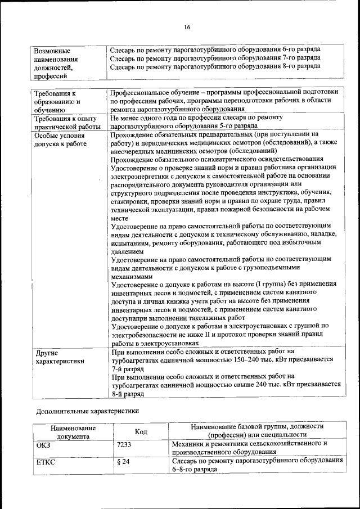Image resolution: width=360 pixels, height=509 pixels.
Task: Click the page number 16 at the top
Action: tap(187, 27)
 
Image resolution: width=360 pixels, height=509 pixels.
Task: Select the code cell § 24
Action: tap(123, 462)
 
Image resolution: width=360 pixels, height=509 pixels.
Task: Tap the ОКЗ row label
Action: tap(44, 444)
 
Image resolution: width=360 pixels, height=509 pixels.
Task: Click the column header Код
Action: tap(141, 431)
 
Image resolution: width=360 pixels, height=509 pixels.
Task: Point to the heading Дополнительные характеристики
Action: tap(87, 411)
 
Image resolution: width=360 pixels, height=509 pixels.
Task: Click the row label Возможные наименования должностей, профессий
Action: tap(56, 62)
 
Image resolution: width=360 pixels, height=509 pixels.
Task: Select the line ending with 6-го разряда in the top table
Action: tap(215, 49)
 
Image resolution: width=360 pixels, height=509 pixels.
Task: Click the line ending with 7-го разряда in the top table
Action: tap(215, 57)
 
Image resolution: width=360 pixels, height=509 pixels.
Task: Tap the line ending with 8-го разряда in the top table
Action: tap(215, 66)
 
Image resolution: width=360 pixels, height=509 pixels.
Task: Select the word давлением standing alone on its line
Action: tap(127, 251)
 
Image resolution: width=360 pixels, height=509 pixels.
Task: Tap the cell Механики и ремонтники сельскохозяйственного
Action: tap(249, 443)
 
